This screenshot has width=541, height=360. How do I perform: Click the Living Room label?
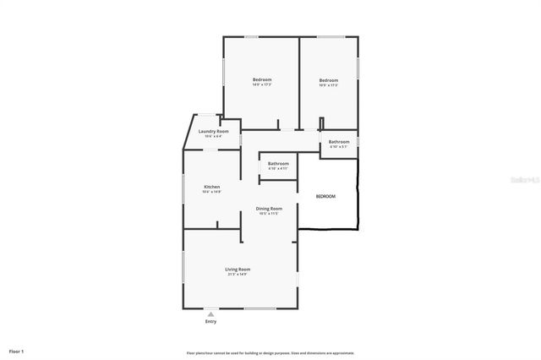tap(238, 269)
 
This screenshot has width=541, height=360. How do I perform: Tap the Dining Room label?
tap(269, 208)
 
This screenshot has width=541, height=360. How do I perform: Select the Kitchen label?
tap(211, 187)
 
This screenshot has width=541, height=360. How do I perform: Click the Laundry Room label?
tap(213, 131)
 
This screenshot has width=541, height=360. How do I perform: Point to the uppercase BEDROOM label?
tap(325, 196)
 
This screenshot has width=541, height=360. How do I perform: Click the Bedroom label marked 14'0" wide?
tap(262, 79)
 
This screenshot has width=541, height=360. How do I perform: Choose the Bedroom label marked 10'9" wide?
tap(328, 80)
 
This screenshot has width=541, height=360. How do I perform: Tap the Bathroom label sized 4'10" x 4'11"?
tap(278, 163)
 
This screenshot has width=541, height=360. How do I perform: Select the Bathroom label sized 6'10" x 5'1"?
tap(339, 141)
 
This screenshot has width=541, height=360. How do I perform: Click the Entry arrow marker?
tap(210, 314)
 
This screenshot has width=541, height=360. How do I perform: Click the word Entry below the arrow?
tap(210, 322)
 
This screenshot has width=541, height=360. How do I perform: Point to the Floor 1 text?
tap(17, 351)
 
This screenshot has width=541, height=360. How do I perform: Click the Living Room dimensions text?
tap(238, 274)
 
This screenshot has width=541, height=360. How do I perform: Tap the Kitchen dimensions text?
tap(211, 192)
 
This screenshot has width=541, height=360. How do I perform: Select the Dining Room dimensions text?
tap(269, 213)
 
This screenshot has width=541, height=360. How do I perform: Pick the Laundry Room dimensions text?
tap(213, 136)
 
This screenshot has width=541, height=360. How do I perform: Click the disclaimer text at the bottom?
tap(270, 353)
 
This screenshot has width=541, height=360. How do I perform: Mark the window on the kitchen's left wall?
tap(184, 189)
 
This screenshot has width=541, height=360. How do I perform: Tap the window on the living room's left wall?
tap(184, 271)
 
